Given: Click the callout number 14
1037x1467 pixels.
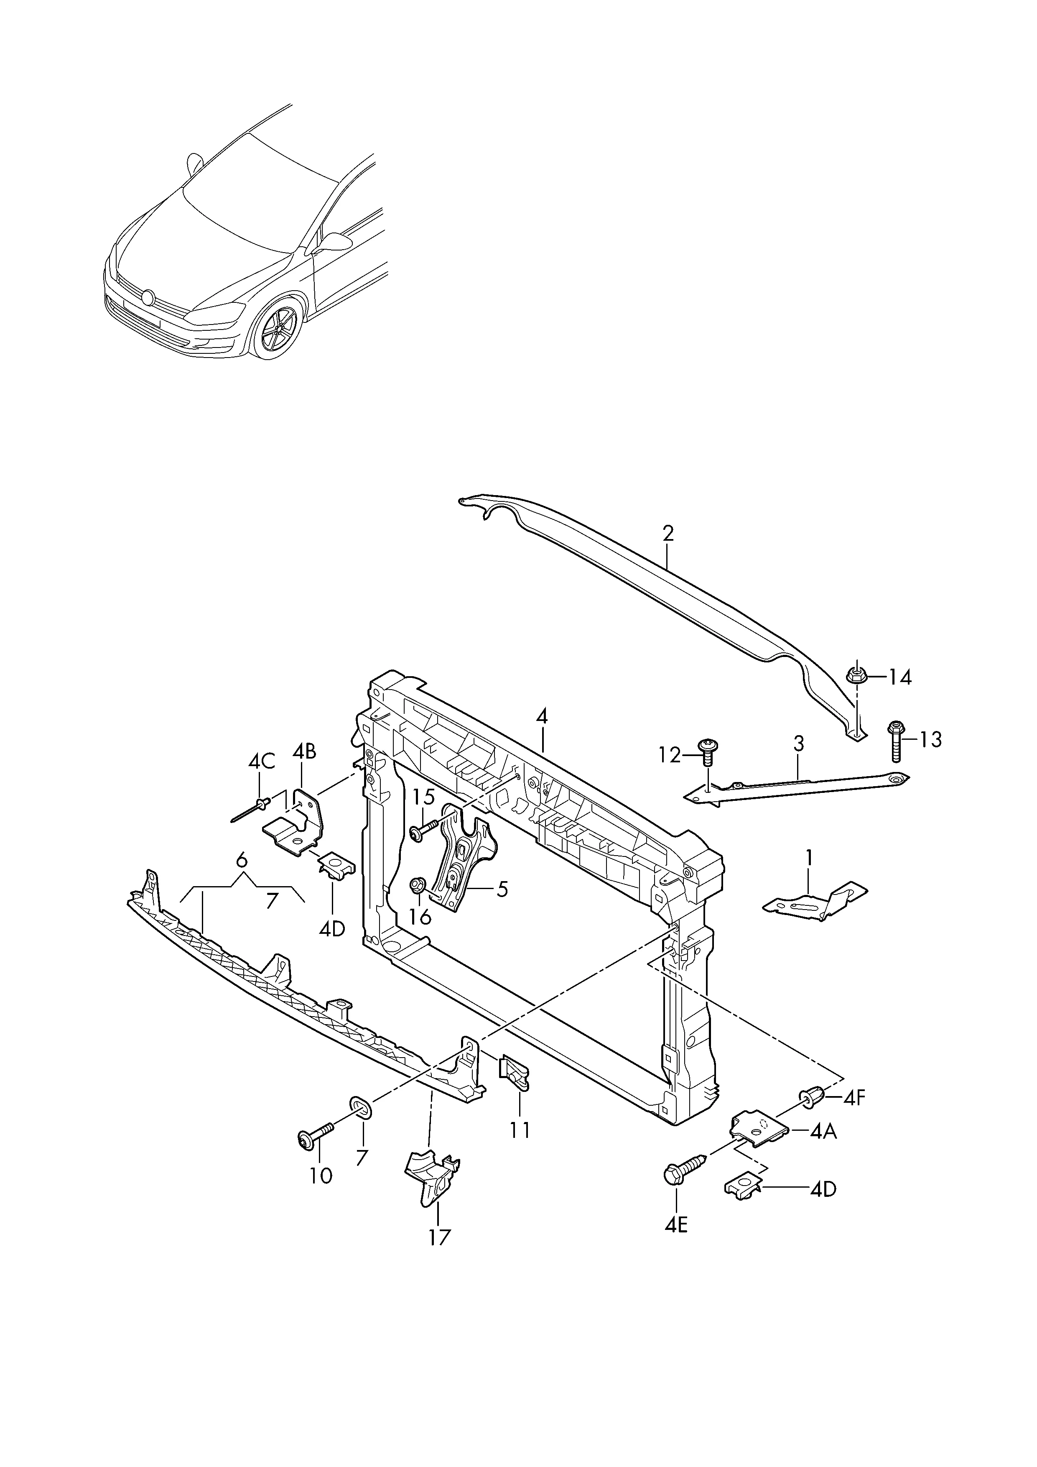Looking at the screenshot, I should (900, 678).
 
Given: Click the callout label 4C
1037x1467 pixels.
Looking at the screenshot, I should (261, 761).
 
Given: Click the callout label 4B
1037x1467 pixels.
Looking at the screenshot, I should (305, 751).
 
